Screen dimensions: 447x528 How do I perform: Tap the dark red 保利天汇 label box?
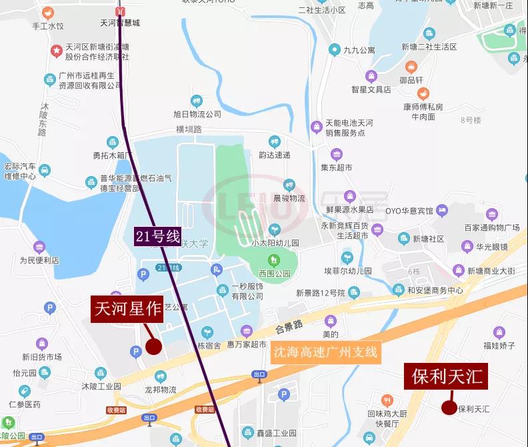point(446,377)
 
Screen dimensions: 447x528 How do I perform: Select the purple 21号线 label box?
point(158,236)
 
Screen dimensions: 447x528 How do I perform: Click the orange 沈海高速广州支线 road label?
point(325,352)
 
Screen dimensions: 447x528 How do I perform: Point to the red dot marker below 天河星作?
point(154,346)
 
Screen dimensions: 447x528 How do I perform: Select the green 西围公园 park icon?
point(272,260)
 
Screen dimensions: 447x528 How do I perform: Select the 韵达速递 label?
point(275,155)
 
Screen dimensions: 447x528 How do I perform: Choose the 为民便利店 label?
point(39,260)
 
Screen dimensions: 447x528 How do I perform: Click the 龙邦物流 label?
point(160,390)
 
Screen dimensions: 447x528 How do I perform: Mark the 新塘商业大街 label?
point(491,271)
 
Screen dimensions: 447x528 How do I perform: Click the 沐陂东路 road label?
point(43,119)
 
